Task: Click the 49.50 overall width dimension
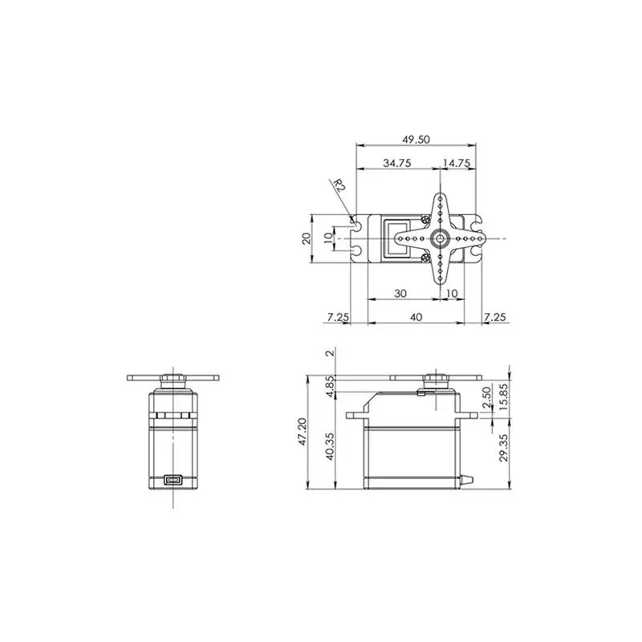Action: (416, 139)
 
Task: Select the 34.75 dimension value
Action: (397, 163)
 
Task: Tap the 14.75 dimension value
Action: (457, 163)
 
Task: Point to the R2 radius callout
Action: (339, 187)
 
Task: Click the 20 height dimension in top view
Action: (305, 238)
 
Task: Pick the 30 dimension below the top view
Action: (400, 294)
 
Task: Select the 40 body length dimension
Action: (416, 317)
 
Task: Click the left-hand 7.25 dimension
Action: (338, 317)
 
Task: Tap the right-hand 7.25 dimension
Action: (495, 317)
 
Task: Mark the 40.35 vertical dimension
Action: (330, 446)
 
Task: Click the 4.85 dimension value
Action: (330, 385)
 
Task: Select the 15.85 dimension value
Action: (502, 396)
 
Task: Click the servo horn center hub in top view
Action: (439, 238)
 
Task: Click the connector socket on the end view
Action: (173, 481)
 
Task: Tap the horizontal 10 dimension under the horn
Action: (451, 294)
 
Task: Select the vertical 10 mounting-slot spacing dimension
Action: (327, 238)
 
